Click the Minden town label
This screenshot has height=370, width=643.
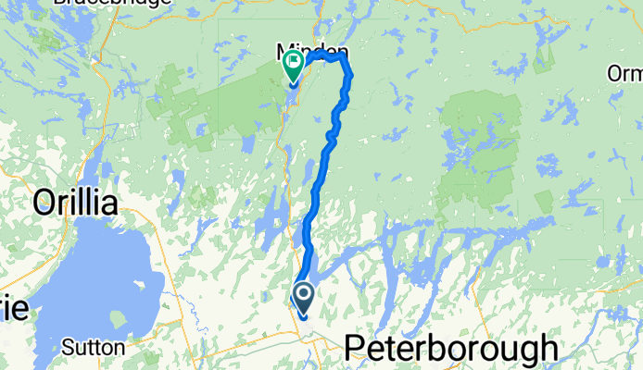tap(311, 50)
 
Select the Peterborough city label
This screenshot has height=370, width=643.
tap(450, 349)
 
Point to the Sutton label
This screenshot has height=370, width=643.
tap(94, 348)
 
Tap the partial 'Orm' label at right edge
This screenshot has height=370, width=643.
tap(624, 73)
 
